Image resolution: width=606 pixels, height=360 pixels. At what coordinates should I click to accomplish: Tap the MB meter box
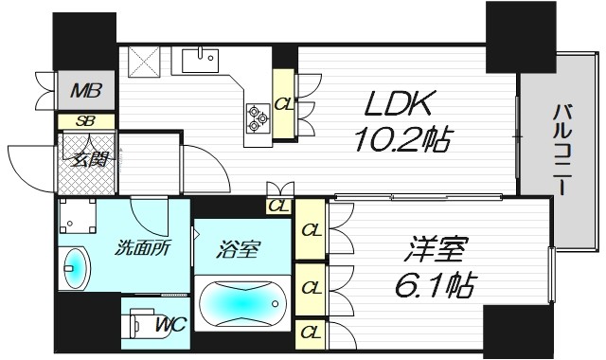pos(88,93)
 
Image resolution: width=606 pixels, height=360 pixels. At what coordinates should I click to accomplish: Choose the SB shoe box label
pos(85,120)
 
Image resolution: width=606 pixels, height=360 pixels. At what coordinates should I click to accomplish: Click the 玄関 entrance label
pos(84,156)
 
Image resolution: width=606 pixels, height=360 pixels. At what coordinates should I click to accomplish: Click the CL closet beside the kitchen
pos(283,104)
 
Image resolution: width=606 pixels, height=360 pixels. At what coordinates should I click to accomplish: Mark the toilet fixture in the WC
pos(139,324)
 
